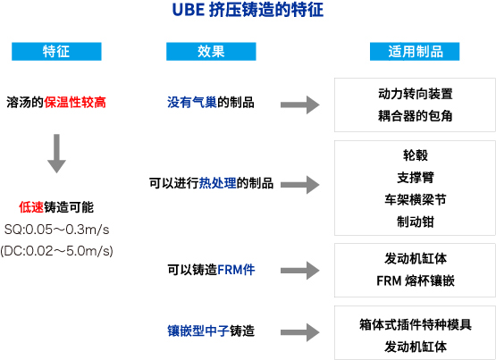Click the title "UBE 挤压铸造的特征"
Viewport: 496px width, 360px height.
click(248, 10)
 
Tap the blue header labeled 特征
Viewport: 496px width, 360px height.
click(56, 51)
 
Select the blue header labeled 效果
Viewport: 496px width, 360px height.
click(211, 51)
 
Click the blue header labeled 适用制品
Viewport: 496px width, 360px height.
click(415, 51)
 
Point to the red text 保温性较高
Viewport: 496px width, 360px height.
click(75, 102)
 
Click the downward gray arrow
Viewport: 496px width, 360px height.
click(56, 154)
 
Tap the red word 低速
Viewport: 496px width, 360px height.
click(31, 207)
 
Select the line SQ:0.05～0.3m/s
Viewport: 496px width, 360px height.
click(56, 230)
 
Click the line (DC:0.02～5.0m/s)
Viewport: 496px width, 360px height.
click(56, 251)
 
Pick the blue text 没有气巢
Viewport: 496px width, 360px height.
click(192, 102)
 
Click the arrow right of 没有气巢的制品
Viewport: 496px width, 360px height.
click(300, 105)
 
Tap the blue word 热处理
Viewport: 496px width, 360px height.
click(218, 183)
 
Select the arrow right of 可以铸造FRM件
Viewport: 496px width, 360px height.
click(300, 271)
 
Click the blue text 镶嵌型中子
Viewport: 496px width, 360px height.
click(198, 331)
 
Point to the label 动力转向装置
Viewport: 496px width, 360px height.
click(416, 94)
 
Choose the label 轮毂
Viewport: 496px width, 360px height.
click(416, 155)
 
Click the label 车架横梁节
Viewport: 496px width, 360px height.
click(416, 200)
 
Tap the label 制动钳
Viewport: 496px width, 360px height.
click(416, 222)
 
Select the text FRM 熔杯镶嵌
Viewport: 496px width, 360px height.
click(416, 280)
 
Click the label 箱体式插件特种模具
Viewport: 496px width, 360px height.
click(416, 324)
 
